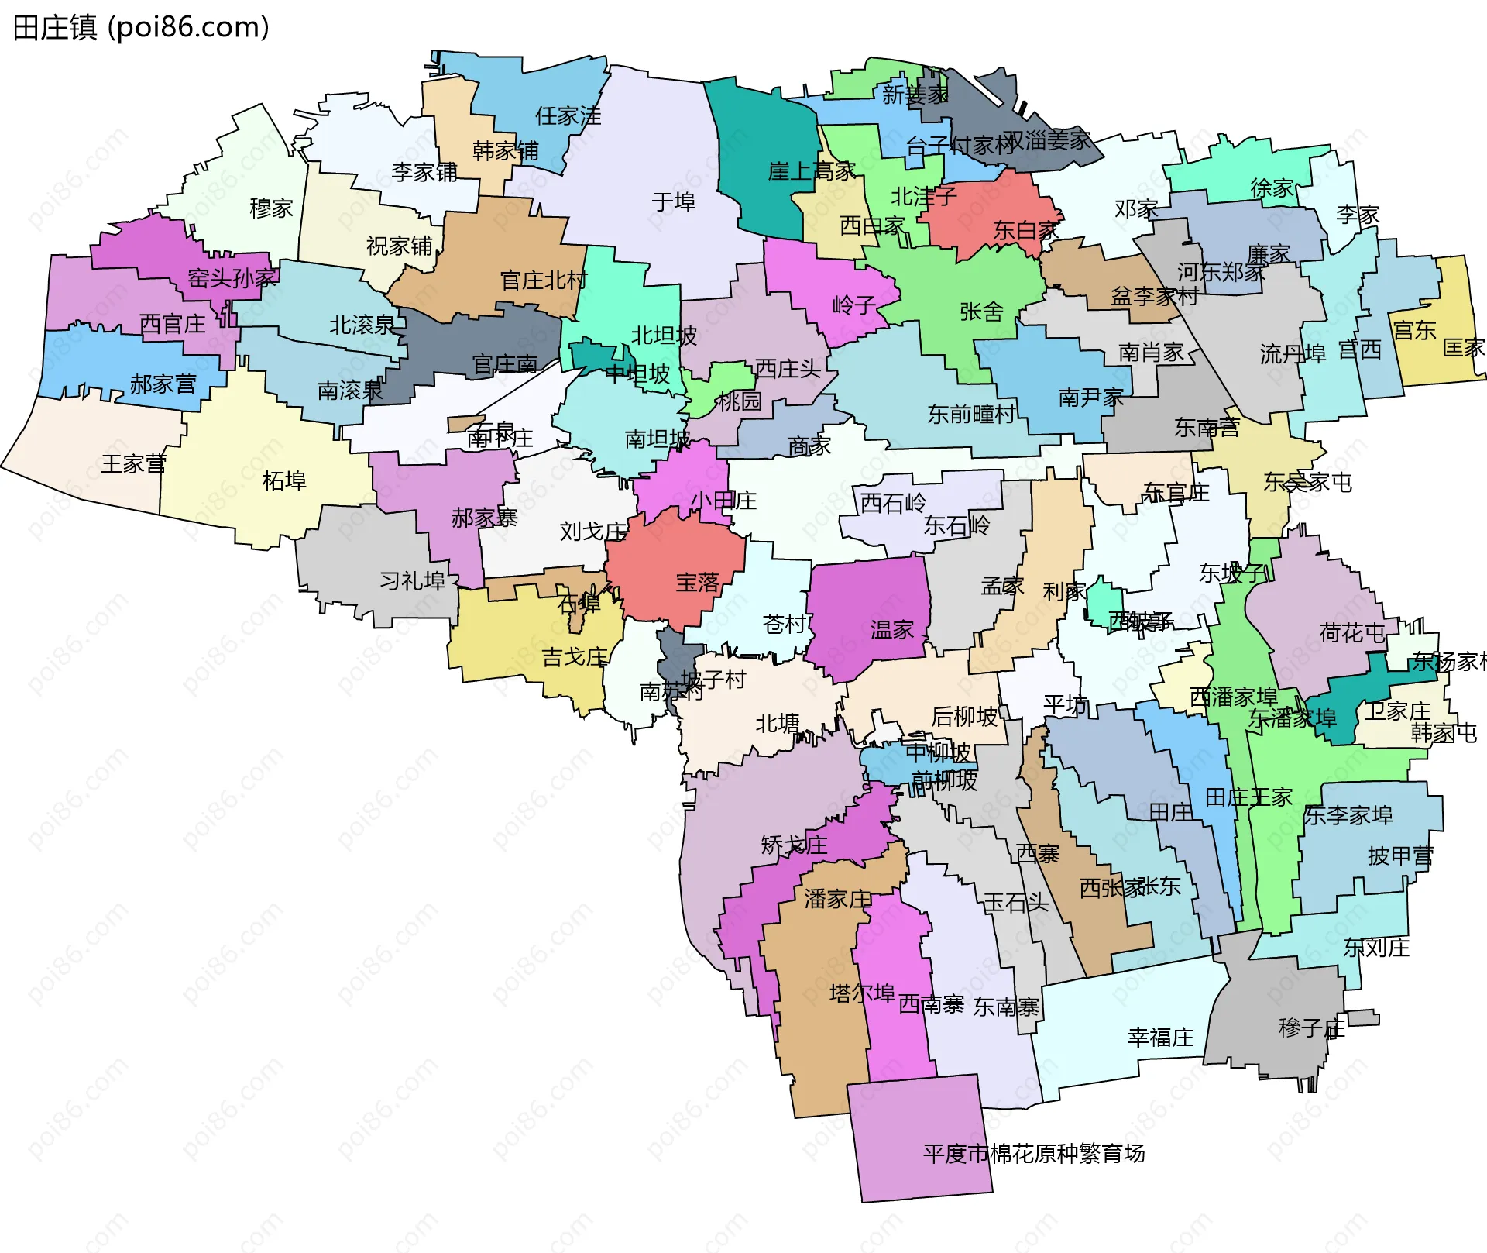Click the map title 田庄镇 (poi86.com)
coord(141,27)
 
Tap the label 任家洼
coord(568,116)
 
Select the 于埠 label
coord(673,202)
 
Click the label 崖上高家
coord(812,171)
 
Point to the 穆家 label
coord(271,208)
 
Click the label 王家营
coord(133,464)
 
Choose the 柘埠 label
coord(284,481)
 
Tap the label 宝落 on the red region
coord(697,583)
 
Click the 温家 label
coord(891,630)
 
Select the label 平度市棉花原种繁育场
coord(1033,1154)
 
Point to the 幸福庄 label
coord(1160,1038)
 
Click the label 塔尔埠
coord(861,993)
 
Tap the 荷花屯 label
coord(1351,633)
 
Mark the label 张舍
coord(981,312)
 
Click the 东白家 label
coord(1025,231)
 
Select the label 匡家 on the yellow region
coord(1463,348)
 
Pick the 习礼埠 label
coord(412,581)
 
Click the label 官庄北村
coord(544,281)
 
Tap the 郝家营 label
coord(163,384)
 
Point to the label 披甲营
coord(1400,856)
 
